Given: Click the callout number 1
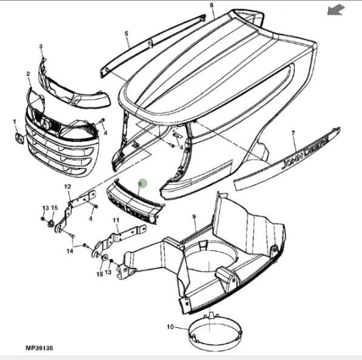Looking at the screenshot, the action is coord(15,122).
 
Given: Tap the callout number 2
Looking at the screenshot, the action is coord(28,74).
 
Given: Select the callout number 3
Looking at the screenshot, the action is coord(41,47).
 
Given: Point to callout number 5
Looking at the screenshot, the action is coord(126,34).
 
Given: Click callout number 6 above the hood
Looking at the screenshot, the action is coord(212,5).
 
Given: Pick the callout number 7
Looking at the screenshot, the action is coord(293,133).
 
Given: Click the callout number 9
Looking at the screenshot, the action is coord(194,217).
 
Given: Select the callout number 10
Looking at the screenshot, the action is coord(170,327).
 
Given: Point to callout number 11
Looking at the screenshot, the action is coord(116,221).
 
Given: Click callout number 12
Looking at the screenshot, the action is coord(68,187).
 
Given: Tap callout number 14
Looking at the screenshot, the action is coord(70,251).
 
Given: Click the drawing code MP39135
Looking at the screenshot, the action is coord(39,348).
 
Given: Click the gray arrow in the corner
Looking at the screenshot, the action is coord(336,10).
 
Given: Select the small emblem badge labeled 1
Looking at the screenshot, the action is coord(19,138).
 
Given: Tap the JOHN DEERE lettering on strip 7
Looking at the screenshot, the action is coord(305,152).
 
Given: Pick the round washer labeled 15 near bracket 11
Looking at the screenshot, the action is coord(104,258).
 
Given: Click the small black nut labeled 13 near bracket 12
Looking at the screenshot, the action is coord(42,218).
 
